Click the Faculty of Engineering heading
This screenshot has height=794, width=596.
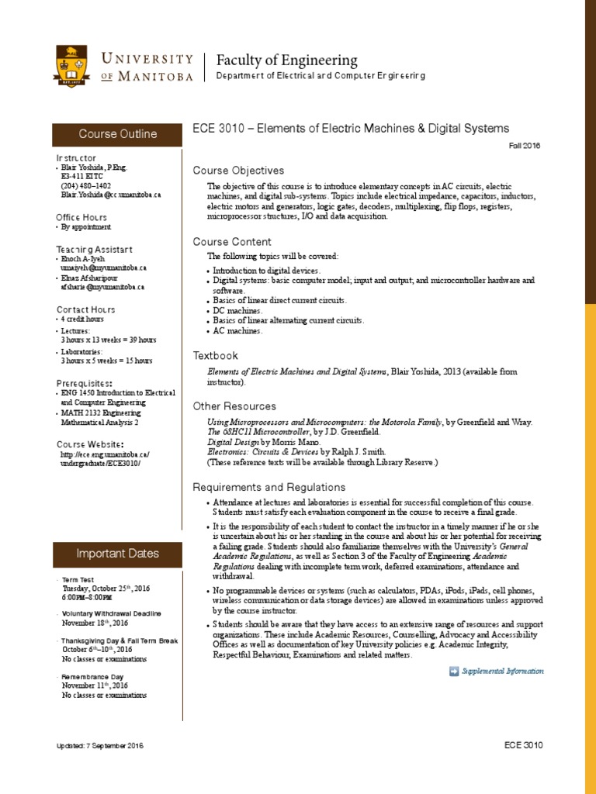pos(286,60)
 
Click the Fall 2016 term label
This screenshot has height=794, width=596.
pos(525,145)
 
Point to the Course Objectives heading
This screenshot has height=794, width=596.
pos(238,171)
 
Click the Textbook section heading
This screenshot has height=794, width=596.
pos(215,355)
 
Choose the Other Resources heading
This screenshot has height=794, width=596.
pos(234,406)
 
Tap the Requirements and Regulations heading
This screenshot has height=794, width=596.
pos(269,487)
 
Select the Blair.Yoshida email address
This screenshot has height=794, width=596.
pos(102,195)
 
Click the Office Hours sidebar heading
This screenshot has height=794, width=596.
pos(81,218)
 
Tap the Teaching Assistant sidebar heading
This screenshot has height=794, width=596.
pos(94,249)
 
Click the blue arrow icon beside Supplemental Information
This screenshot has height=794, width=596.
pos(454,671)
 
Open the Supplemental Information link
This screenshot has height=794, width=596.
pos(502,671)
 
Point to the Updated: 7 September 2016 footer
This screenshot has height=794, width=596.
pos(99,746)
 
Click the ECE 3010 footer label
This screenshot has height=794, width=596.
pos(523,745)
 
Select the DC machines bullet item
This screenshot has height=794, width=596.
pos(239,310)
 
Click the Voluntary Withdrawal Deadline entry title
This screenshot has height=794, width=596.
pos(112,613)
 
